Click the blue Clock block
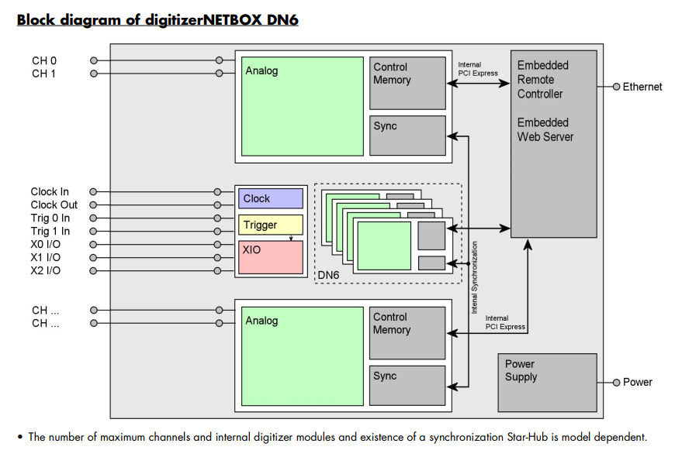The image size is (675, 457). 270,198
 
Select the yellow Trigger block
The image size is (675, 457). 270,225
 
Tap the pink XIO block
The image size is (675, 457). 270,256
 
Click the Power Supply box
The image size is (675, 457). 546,383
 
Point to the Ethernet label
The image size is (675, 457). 642,87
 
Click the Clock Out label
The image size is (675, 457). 54,205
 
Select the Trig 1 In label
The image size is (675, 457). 50,232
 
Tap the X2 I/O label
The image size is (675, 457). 46,271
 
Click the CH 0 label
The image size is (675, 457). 44,60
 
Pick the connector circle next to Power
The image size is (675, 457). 616,383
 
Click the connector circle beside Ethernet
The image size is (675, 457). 616,87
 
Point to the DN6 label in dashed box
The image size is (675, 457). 329,275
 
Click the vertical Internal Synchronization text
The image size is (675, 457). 475,277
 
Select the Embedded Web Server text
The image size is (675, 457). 545,129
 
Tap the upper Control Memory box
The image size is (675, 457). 407,82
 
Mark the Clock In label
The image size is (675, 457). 50,192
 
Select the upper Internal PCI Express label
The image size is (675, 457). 478,69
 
